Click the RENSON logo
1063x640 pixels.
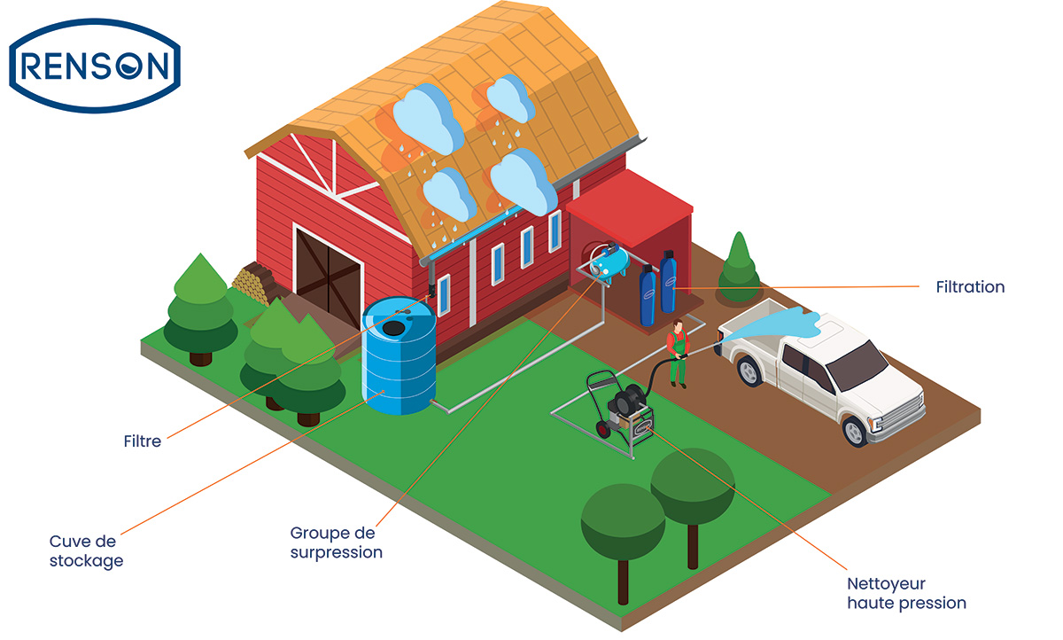click(x=95, y=66)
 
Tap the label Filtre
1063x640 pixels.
click(x=143, y=441)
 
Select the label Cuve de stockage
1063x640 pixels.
click(x=87, y=551)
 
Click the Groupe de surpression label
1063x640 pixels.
click(x=337, y=542)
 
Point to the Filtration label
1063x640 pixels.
click(x=971, y=287)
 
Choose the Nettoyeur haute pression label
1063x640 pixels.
click(x=907, y=594)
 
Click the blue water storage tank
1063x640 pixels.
click(x=399, y=355)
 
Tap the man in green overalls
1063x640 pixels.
click(x=679, y=353)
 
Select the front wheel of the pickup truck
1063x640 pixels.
click(x=855, y=431)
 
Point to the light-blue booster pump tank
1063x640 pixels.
click(x=609, y=261)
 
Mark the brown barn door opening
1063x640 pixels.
click(x=328, y=276)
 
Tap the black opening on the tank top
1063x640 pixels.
click(x=393, y=327)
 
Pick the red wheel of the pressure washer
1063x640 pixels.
click(x=603, y=429)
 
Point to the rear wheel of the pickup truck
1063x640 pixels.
click(x=749, y=371)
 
